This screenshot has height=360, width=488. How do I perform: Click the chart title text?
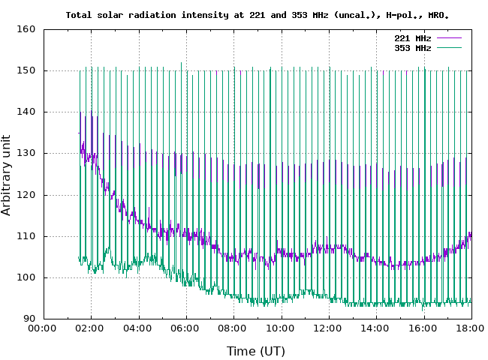point(258,14)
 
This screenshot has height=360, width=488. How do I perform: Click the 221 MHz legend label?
point(412,37)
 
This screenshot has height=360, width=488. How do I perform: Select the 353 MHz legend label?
point(412,48)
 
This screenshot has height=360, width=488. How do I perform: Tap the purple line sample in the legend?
point(448,37)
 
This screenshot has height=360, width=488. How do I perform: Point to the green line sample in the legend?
point(448,48)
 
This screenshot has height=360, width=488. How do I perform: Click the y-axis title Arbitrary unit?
point(7,174)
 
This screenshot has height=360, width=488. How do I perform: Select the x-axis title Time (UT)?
point(256,350)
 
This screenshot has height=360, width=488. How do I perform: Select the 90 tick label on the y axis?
point(29,319)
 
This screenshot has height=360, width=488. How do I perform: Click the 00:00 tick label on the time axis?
point(44,328)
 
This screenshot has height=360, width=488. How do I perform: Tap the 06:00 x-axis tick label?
point(185,328)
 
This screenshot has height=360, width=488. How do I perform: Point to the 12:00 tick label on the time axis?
point(328,328)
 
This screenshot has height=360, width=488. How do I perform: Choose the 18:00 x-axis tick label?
point(470,328)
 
